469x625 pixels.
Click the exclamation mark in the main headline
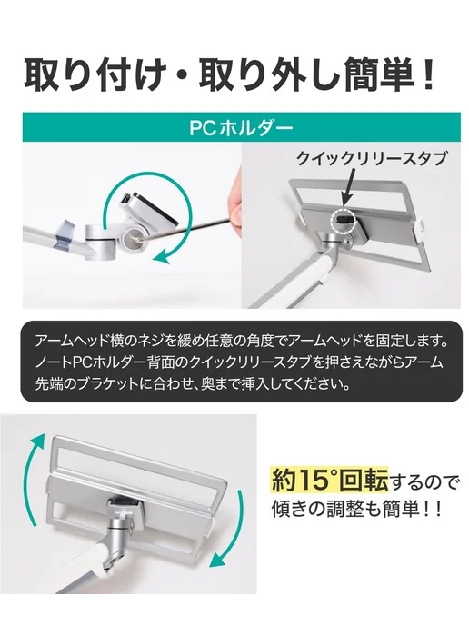point(428,74)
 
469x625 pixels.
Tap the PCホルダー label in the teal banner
point(241,128)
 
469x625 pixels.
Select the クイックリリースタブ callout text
point(371,158)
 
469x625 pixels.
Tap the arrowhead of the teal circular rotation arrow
point(162,255)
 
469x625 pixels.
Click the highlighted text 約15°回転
point(329,480)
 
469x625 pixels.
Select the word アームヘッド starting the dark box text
point(75,342)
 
